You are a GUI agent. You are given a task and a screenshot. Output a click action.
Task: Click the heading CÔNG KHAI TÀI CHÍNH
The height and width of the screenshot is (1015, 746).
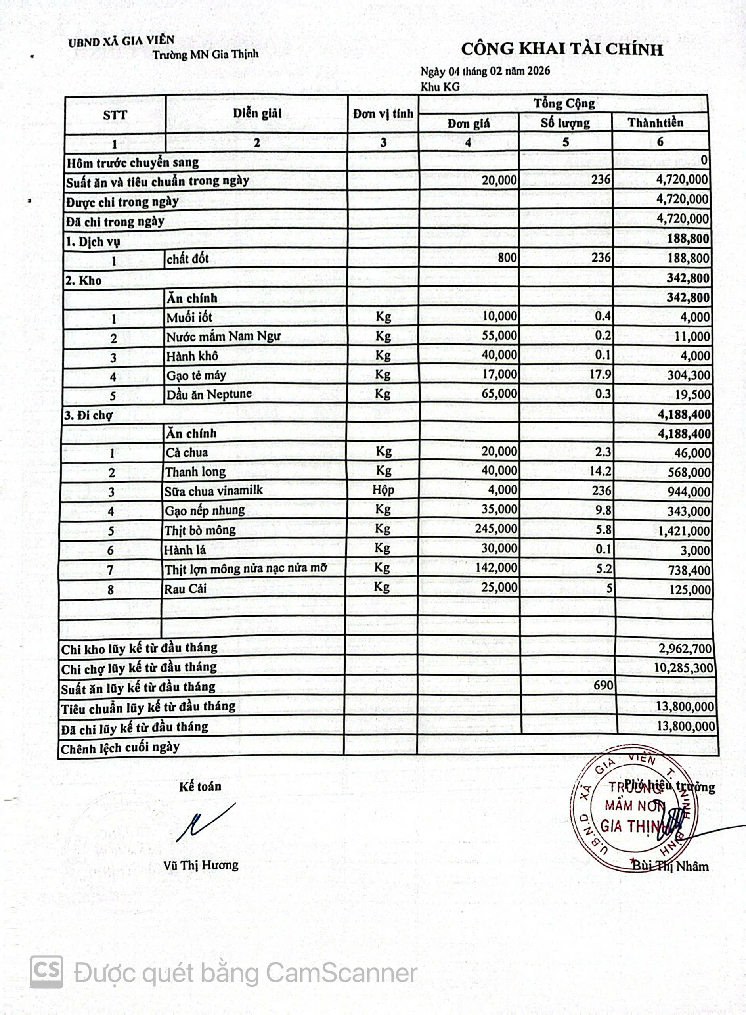[562, 49]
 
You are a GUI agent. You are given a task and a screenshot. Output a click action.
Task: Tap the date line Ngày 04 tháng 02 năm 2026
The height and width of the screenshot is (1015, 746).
[485, 71]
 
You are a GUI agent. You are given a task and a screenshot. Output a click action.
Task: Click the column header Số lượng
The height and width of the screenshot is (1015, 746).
[565, 123]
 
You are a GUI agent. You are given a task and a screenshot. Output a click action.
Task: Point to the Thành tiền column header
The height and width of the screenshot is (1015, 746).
[655, 123]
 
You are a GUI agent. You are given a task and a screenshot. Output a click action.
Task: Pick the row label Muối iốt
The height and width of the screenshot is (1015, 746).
[189, 318]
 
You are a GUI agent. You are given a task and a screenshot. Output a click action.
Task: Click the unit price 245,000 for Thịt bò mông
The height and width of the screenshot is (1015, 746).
[496, 529]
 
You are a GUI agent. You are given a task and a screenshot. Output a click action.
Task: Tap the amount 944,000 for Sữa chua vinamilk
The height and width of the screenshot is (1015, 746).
[689, 492]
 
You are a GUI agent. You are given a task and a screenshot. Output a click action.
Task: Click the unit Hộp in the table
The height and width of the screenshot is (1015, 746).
[383, 490]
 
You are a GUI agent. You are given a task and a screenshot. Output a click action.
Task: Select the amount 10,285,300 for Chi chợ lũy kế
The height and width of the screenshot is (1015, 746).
[684, 668]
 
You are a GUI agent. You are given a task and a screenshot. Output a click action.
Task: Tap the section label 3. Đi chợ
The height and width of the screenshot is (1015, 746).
[88, 415]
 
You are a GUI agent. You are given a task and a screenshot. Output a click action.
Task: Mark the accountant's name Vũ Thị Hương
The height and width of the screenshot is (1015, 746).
[201, 865]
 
